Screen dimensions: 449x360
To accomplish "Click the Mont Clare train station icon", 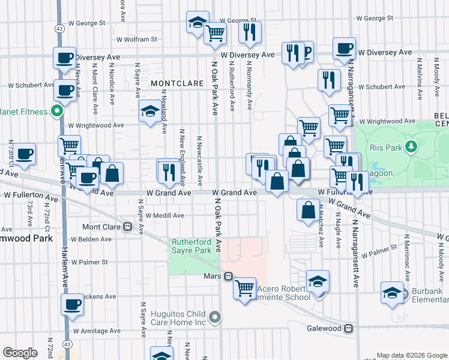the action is pyautogui.click(x=127, y=227).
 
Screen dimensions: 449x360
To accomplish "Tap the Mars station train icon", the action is pyautogui.click(x=228, y=276).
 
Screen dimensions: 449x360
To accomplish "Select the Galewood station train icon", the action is pyautogui.click(x=348, y=328).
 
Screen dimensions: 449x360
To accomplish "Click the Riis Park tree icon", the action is pyautogui.click(x=411, y=146).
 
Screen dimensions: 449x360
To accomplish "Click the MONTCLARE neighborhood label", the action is pyautogui.click(x=174, y=83).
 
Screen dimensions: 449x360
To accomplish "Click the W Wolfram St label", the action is pyautogui.click(x=137, y=39).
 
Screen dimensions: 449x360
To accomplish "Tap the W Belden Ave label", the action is pyautogui.click(x=91, y=239).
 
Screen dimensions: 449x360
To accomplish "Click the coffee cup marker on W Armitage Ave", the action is pyautogui.click(x=72, y=304).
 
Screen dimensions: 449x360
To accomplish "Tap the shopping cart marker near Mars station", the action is pyautogui.click(x=244, y=289).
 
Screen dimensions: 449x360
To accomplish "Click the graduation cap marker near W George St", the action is pyautogui.click(x=197, y=22).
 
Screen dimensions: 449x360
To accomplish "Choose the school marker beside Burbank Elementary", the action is pyautogui.click(x=391, y=293).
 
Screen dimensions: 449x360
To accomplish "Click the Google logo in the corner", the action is pyautogui.click(x=19, y=353).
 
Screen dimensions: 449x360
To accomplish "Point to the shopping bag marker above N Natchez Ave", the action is pyautogui.click(x=308, y=211).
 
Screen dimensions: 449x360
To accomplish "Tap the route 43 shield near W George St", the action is pyautogui.click(x=60, y=29).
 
